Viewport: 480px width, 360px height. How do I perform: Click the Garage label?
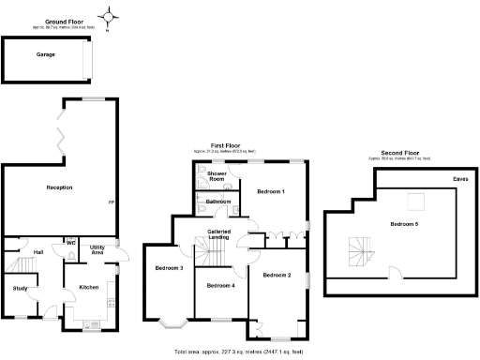(x=45, y=54)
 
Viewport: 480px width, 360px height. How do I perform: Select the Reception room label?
(x=59, y=187)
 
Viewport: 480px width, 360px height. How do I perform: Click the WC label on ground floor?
(x=70, y=242)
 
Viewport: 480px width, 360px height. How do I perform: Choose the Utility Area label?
(x=97, y=250)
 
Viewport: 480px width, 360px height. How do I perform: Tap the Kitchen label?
(x=88, y=287)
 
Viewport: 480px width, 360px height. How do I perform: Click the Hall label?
(x=38, y=252)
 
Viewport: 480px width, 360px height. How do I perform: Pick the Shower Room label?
(x=217, y=175)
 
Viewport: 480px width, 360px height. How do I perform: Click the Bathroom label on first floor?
(x=218, y=201)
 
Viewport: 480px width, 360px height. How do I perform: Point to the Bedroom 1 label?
(x=271, y=191)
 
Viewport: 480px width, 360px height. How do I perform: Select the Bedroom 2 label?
(x=277, y=274)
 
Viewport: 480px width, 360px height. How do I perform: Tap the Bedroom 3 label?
(x=169, y=269)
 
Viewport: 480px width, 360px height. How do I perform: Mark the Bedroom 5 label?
(x=404, y=224)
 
